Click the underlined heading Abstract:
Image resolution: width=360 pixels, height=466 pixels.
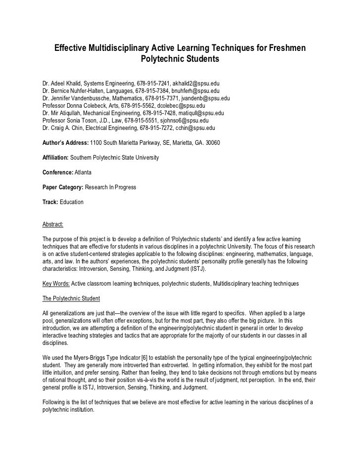tap(53, 225)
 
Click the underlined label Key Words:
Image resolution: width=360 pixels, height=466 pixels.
tap(56, 283)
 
